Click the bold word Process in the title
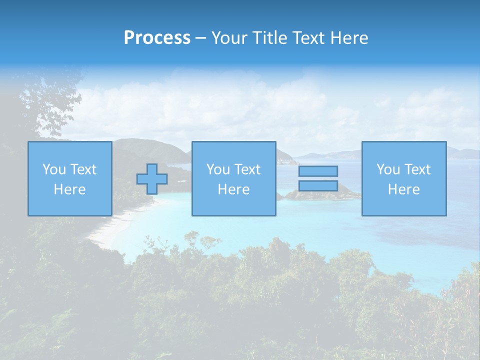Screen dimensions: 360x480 157,38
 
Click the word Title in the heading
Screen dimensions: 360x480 269,38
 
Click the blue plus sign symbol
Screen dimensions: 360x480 152,179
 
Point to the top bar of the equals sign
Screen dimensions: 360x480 318,171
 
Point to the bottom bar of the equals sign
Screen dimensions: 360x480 318,185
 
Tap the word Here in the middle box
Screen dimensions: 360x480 233,189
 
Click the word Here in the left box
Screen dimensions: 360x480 69,189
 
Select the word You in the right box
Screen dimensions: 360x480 388,169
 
